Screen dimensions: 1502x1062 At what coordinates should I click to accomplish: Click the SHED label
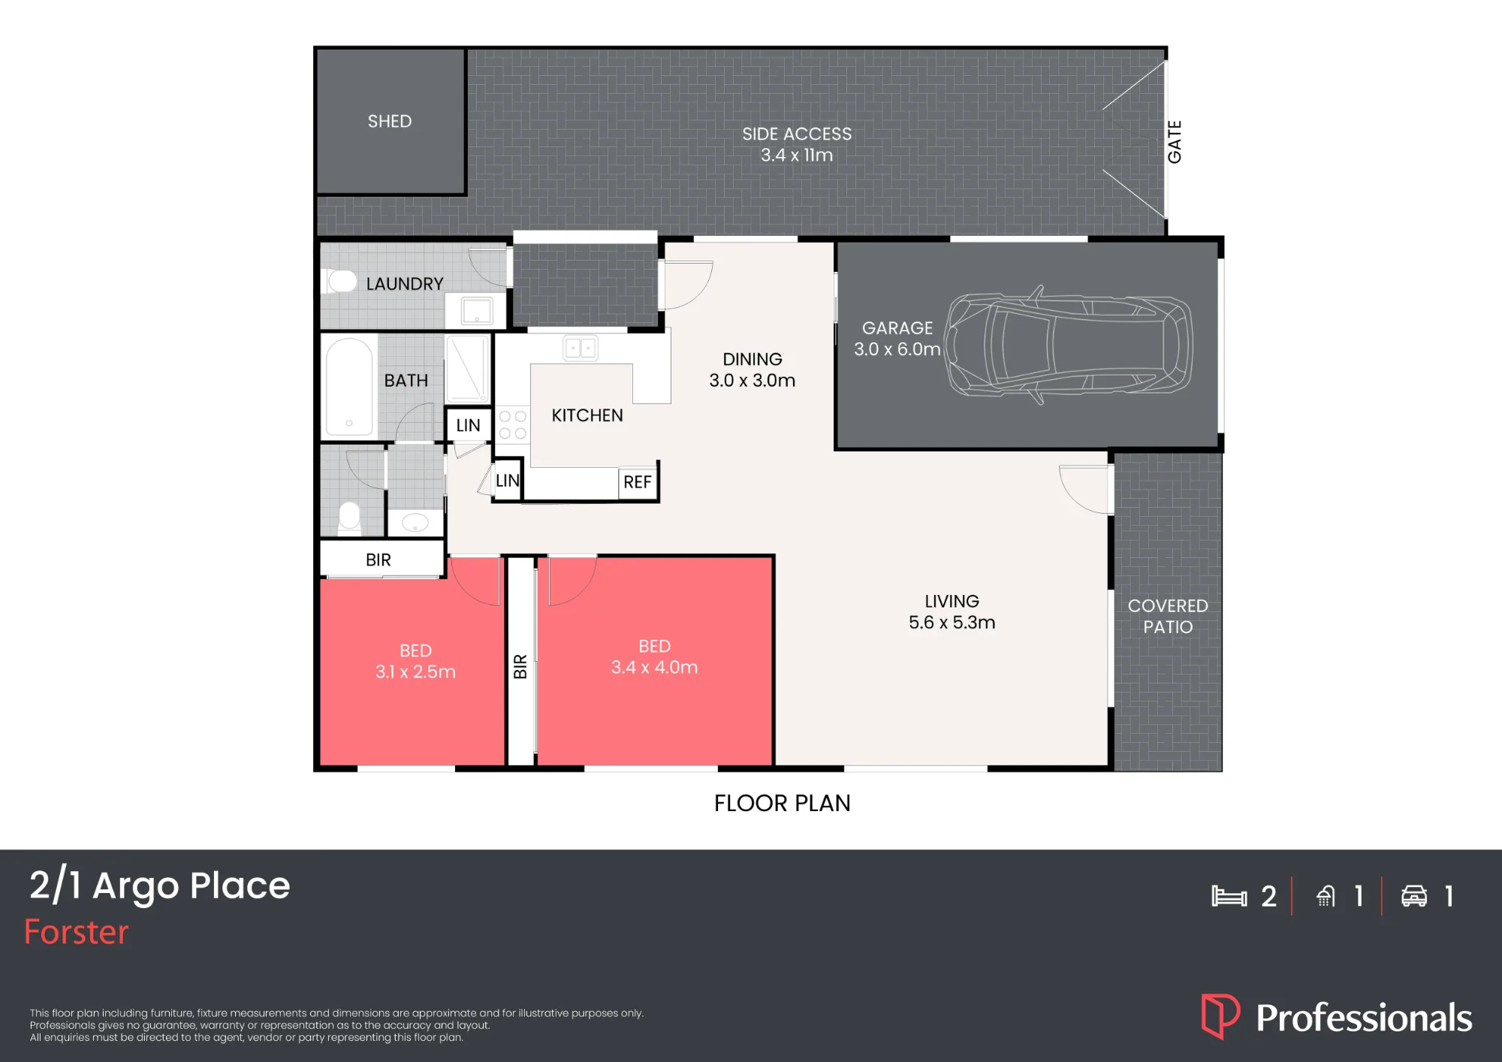pyautogui.click(x=390, y=122)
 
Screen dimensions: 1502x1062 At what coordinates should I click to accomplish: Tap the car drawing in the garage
pyautogui.click(x=1069, y=345)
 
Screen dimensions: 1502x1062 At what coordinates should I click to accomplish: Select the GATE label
pyautogui.click(x=1175, y=142)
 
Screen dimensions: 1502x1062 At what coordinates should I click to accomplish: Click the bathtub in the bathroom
pyautogui.click(x=349, y=387)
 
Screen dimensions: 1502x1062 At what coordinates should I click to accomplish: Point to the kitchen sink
pyautogui.click(x=581, y=348)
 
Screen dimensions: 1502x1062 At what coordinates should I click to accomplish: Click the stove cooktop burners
pyautogui.click(x=512, y=425)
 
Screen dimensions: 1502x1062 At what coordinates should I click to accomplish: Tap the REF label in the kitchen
pyautogui.click(x=638, y=482)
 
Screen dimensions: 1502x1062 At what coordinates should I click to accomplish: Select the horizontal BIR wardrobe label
pyautogui.click(x=379, y=560)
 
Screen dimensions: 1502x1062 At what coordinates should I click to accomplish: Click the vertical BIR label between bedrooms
pyautogui.click(x=520, y=666)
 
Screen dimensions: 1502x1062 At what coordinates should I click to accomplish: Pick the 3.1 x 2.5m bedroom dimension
pyautogui.click(x=415, y=671)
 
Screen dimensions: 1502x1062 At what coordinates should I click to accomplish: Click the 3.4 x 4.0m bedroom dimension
pyautogui.click(x=654, y=667)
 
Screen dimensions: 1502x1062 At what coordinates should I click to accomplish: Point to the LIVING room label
pyautogui.click(x=952, y=602)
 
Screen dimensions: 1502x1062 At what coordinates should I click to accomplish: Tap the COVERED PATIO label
pyautogui.click(x=1168, y=617)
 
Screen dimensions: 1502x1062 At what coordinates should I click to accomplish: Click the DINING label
pyautogui.click(x=753, y=360)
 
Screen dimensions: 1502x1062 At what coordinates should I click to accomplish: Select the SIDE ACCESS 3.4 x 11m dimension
pyautogui.click(x=797, y=155)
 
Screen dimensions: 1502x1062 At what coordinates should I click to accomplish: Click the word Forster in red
pyautogui.click(x=77, y=932)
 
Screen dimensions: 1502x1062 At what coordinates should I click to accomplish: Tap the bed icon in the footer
pyautogui.click(x=1229, y=896)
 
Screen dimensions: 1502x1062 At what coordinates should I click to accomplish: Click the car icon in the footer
pyautogui.click(x=1414, y=896)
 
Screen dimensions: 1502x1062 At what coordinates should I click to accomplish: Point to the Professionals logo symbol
pyautogui.click(x=1220, y=1016)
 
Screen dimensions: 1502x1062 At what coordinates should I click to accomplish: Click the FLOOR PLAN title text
pyautogui.click(x=782, y=804)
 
